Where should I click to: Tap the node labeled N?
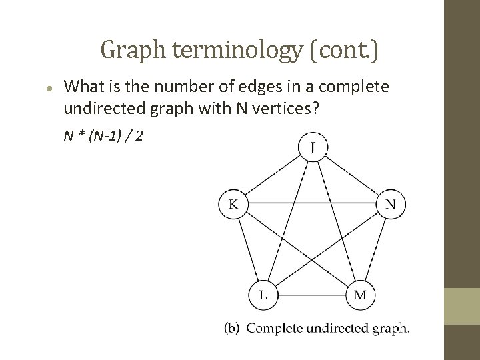pyautogui.click(x=391, y=204)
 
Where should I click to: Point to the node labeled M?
pyautogui.click(x=360, y=295)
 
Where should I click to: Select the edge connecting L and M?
pyautogui.click(x=311, y=295)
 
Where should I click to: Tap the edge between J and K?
pyautogui.click(x=271, y=175)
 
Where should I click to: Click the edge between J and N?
pyautogui.click(x=351, y=175)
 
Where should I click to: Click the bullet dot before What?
pyautogui.click(x=49, y=89)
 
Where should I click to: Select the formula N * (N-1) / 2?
pyautogui.click(x=105, y=136)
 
